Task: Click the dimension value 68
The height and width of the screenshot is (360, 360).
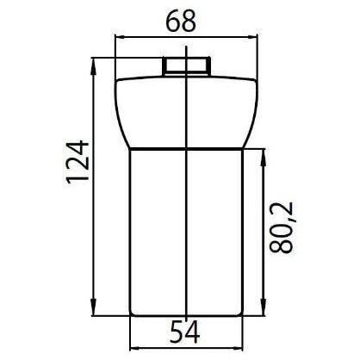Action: tap(181, 22)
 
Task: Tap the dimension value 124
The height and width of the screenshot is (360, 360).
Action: tap(78, 162)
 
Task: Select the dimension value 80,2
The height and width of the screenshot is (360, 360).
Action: tap(282, 227)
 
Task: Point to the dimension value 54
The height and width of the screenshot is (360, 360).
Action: tap(184, 332)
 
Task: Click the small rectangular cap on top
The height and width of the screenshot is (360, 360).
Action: tap(187, 66)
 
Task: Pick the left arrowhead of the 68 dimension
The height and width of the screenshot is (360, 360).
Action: tap(121, 36)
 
